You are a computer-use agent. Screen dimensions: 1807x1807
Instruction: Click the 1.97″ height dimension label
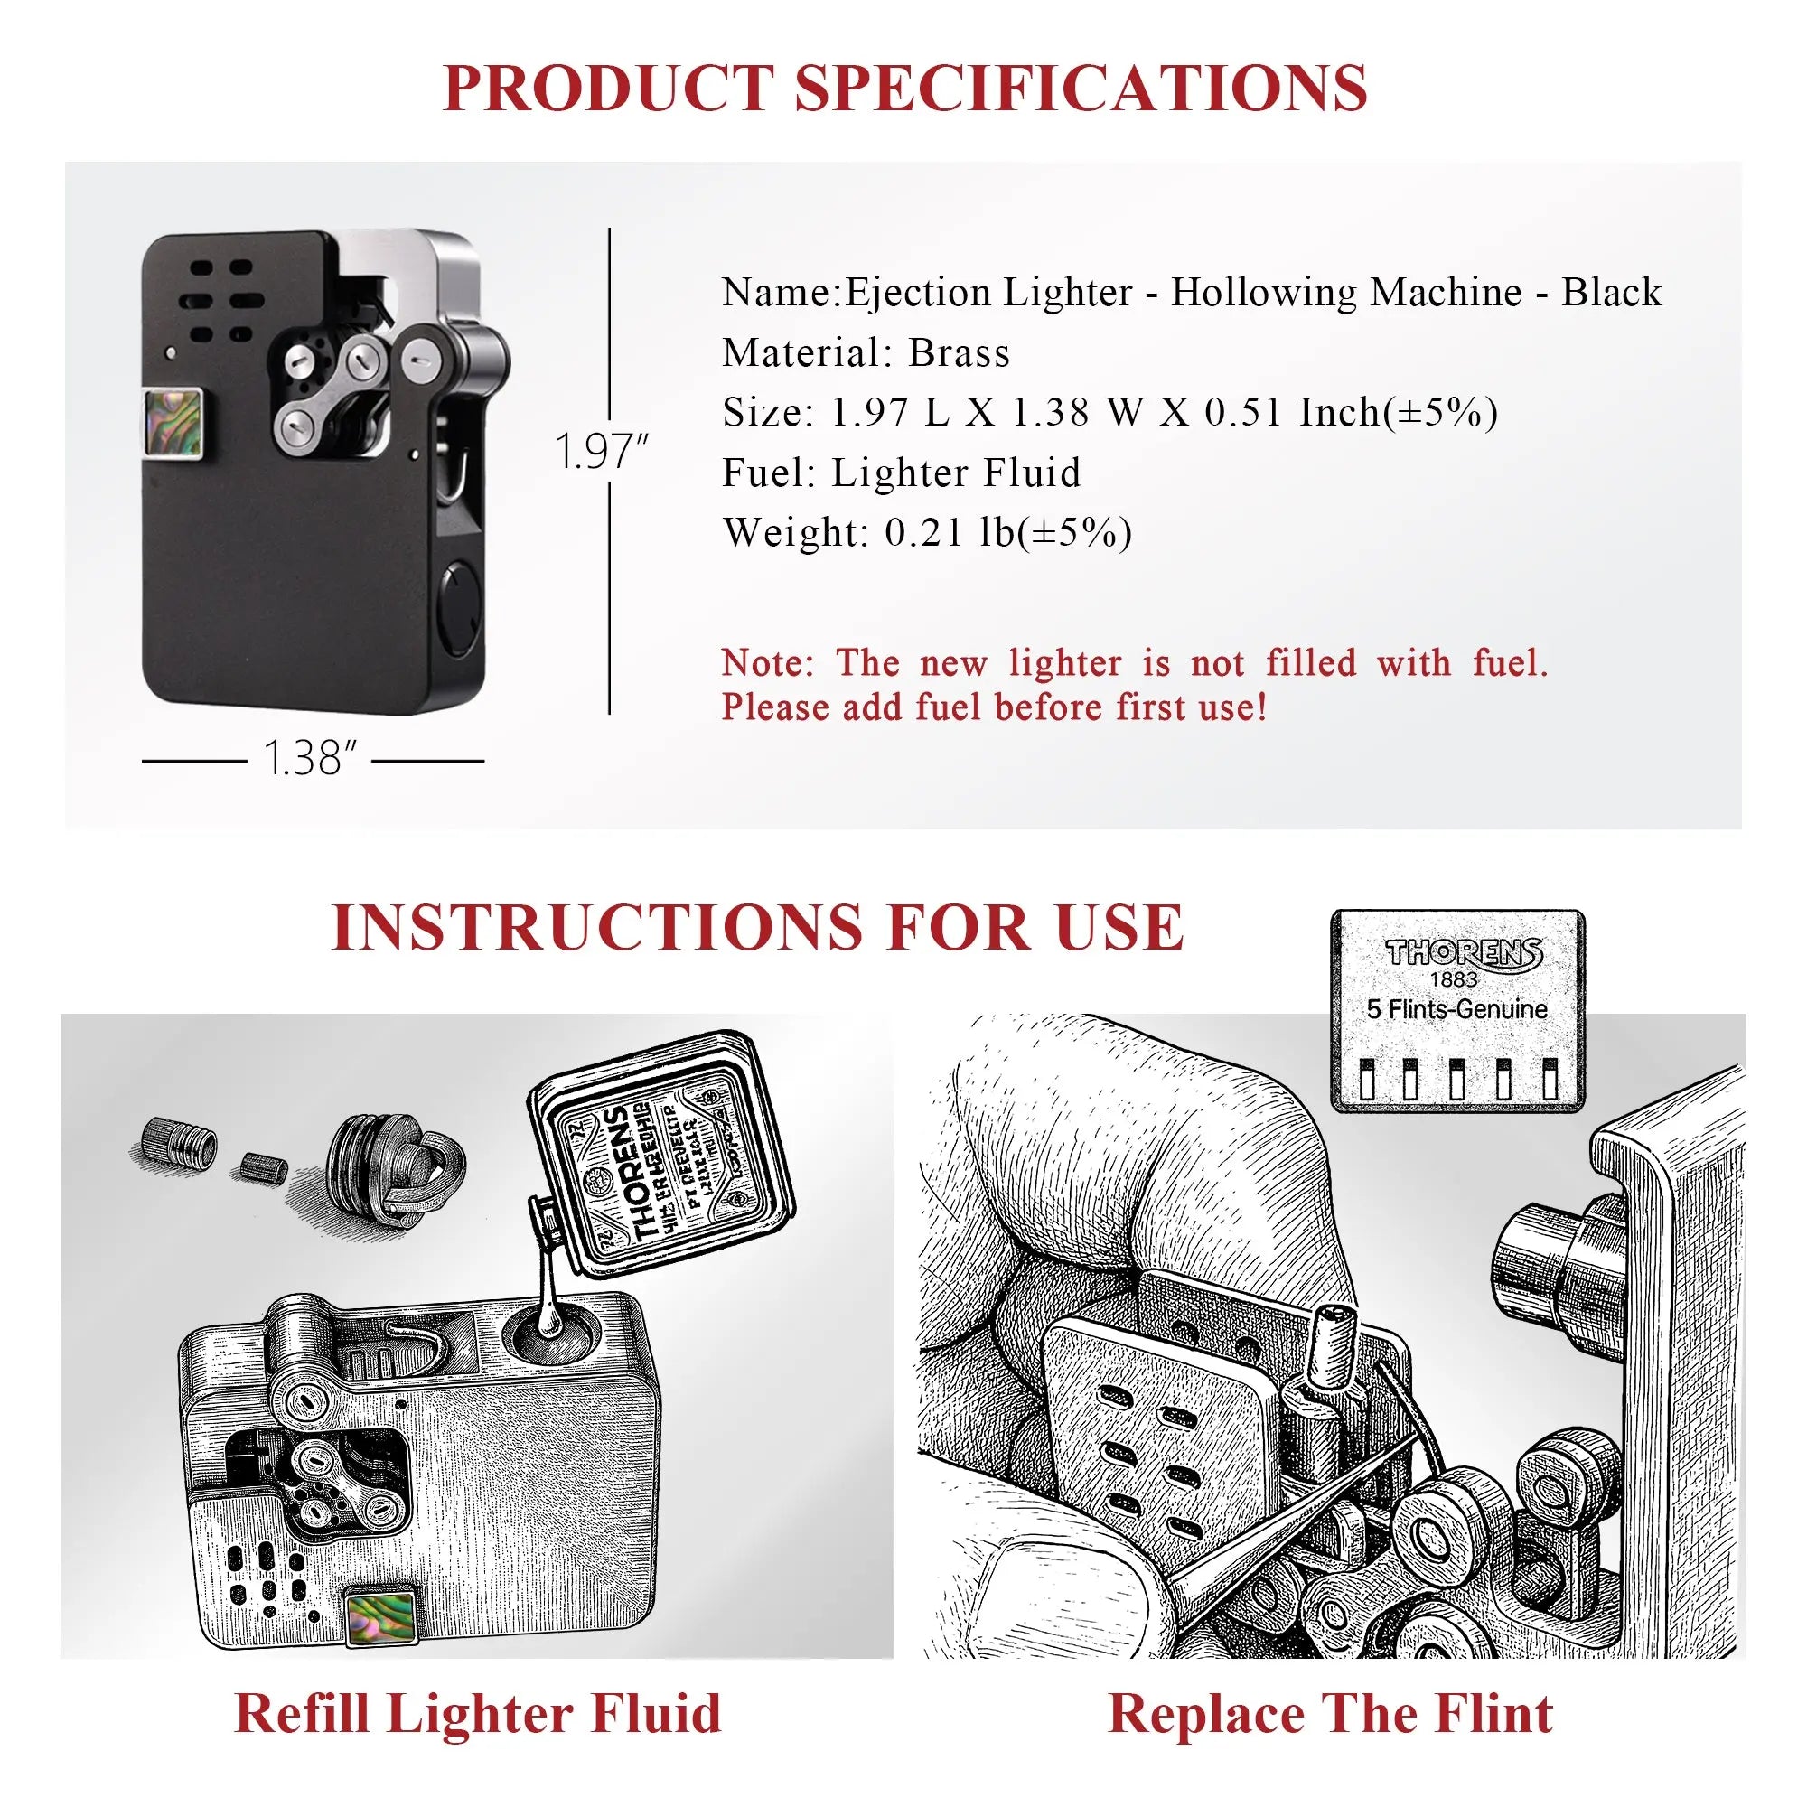[602, 453]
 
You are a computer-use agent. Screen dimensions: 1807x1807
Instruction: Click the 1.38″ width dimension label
[310, 759]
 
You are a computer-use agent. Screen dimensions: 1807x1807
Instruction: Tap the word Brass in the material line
[959, 353]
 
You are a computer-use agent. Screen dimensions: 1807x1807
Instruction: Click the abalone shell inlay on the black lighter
[173, 425]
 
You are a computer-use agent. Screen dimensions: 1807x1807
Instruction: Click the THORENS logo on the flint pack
[1463, 953]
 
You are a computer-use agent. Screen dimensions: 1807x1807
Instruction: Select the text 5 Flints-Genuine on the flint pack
[1456, 1009]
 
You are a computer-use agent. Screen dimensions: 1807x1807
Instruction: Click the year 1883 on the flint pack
[1454, 979]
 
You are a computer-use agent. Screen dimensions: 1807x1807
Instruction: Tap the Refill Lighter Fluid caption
[477, 1712]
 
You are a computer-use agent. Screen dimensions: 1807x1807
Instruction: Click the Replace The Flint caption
[1329, 1713]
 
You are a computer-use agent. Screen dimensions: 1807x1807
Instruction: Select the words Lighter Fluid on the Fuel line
[956, 473]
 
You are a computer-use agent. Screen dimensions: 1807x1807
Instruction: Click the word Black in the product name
[1611, 293]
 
